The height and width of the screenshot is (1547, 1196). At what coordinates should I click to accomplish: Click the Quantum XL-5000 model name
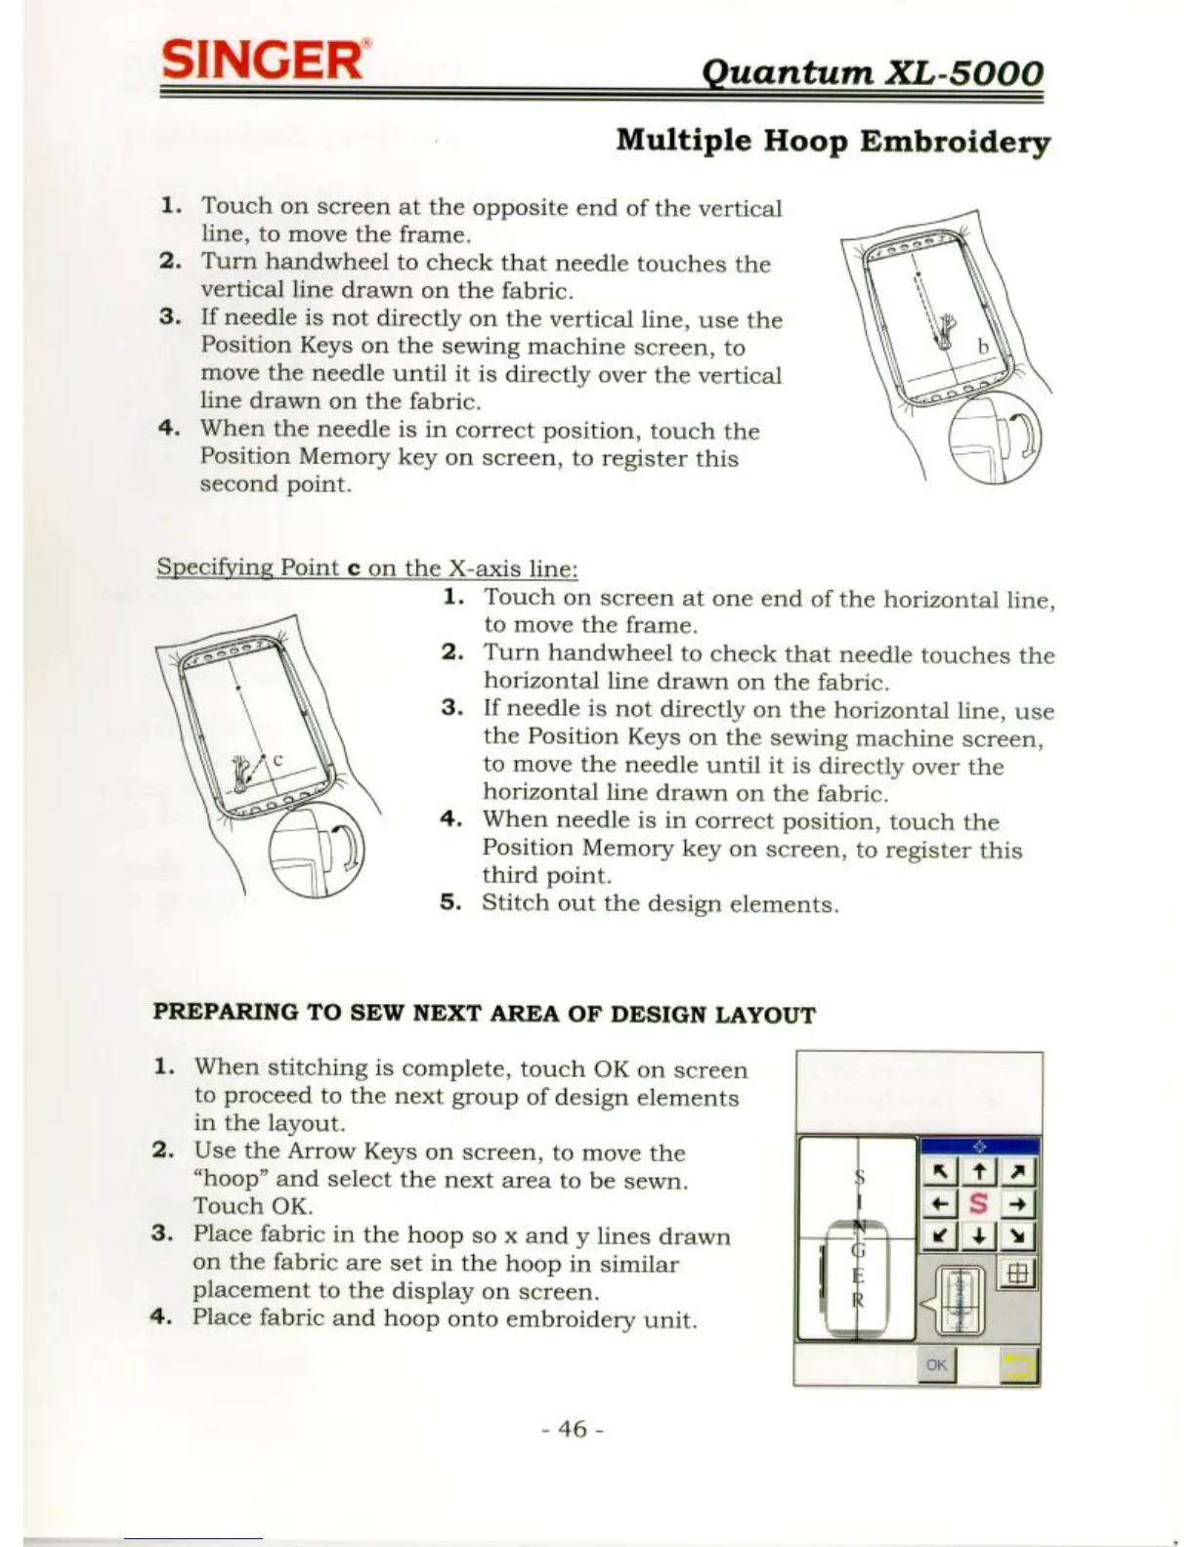[x=873, y=72]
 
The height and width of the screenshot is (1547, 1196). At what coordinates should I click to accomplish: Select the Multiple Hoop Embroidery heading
[x=833, y=141]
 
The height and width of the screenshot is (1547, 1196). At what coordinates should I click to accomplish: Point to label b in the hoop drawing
[x=983, y=347]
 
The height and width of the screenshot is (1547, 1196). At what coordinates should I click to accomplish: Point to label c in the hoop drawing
[x=278, y=759]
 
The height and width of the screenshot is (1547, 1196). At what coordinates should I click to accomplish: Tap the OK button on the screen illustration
[x=936, y=1364]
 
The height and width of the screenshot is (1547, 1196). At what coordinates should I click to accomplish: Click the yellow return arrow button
[x=1019, y=1365]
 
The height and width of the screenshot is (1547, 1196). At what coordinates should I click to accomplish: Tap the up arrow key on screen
[x=979, y=1171]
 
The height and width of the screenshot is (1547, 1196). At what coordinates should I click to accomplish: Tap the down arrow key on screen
[x=979, y=1236]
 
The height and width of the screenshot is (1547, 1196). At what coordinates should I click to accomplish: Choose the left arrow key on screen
[x=939, y=1204]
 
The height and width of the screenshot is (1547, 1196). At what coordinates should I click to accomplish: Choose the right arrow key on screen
[x=1018, y=1204]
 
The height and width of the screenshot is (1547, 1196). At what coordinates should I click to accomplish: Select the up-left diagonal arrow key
[x=939, y=1171]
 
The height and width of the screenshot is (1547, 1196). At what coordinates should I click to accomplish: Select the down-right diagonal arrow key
[x=1018, y=1236]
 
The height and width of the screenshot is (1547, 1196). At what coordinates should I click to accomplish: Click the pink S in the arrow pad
[x=979, y=1204]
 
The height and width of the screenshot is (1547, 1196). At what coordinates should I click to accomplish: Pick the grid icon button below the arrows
[x=1016, y=1274]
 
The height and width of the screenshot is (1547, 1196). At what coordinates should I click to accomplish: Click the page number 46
[x=573, y=1429]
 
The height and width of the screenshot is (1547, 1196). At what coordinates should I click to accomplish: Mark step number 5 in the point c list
[x=449, y=902]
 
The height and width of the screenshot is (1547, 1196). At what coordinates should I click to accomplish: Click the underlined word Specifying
[x=215, y=567]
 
